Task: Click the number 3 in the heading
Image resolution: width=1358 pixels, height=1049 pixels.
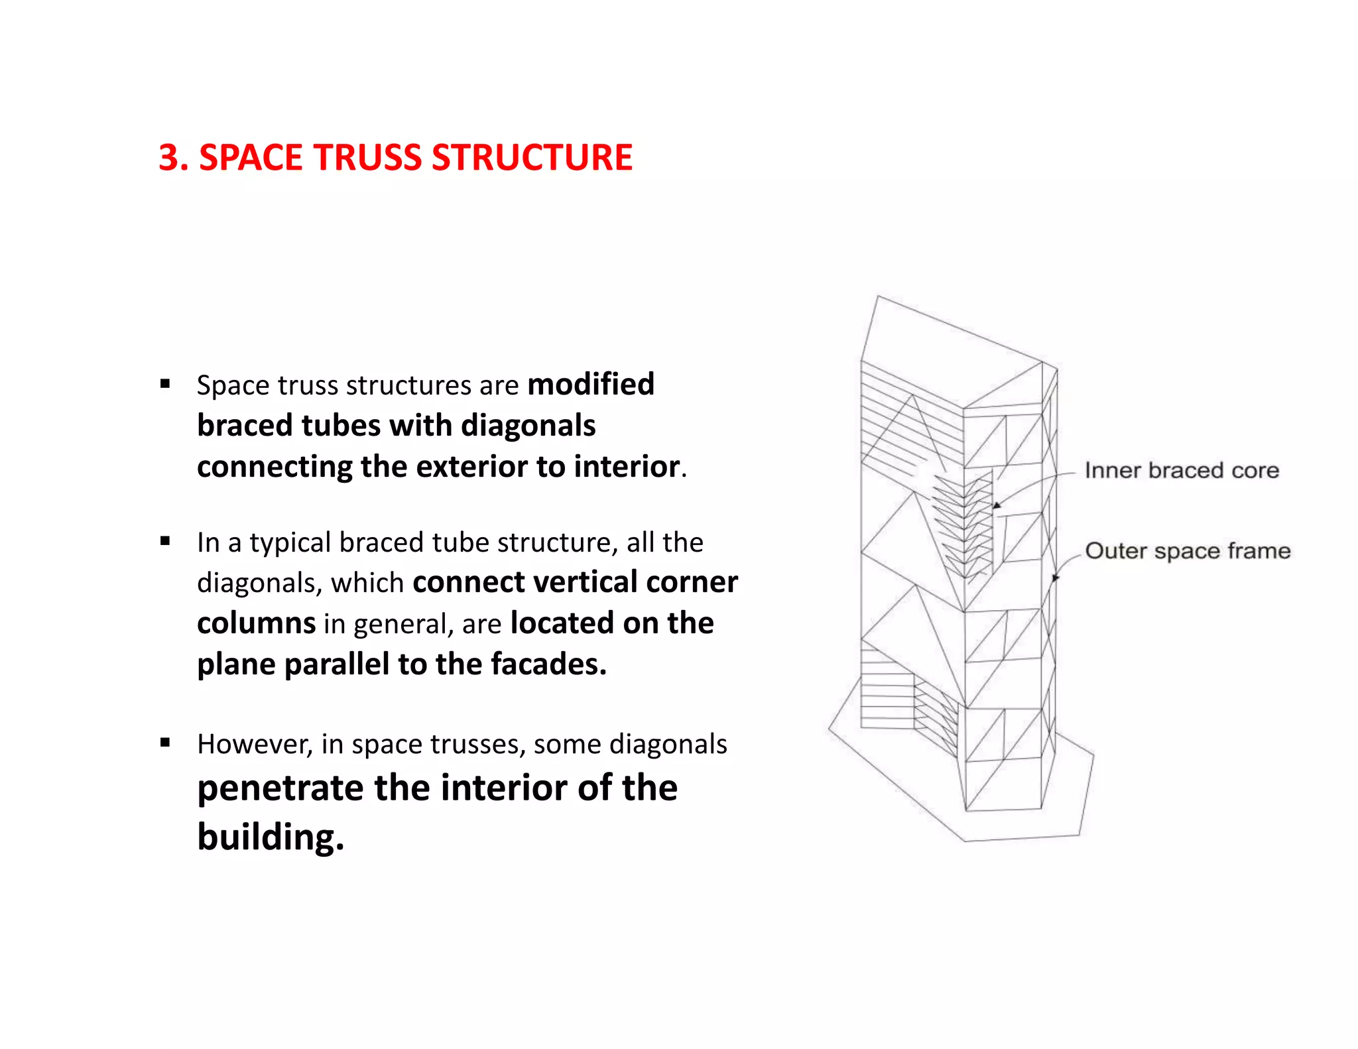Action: point(169,158)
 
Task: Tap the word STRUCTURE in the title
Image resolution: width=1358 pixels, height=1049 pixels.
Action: point(532,158)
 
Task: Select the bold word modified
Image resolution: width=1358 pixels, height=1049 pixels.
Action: point(590,385)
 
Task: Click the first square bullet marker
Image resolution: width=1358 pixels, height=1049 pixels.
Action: point(165,383)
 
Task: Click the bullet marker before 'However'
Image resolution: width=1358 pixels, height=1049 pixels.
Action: point(165,743)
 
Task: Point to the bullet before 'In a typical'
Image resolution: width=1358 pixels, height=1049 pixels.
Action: point(165,541)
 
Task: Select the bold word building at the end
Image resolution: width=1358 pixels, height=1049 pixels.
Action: point(270,837)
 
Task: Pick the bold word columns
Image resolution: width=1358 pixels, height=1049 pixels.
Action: point(256,623)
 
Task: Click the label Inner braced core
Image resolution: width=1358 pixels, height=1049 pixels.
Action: point(1182,470)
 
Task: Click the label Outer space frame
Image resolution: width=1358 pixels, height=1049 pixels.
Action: point(1188,551)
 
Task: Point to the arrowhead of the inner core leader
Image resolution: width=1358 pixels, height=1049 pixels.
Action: point(996,506)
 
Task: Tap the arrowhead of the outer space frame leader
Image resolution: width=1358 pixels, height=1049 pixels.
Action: point(1056,578)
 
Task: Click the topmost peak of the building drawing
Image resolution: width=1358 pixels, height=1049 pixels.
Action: point(878,296)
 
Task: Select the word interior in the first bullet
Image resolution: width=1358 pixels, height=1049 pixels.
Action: point(627,467)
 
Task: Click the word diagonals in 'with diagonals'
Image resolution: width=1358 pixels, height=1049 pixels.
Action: point(528,426)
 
